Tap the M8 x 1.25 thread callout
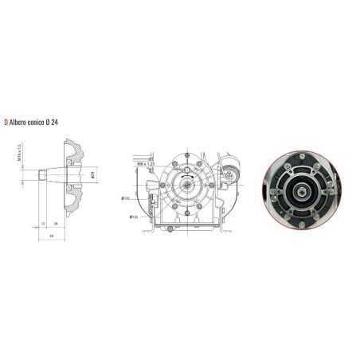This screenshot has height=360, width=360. pyautogui.click(x=144, y=163)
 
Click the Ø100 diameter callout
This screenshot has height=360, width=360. pyautogui.click(x=125, y=198)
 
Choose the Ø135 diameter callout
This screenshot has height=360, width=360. pyautogui.click(x=133, y=216)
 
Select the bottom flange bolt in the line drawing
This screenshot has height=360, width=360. pyautogui.click(x=187, y=211)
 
